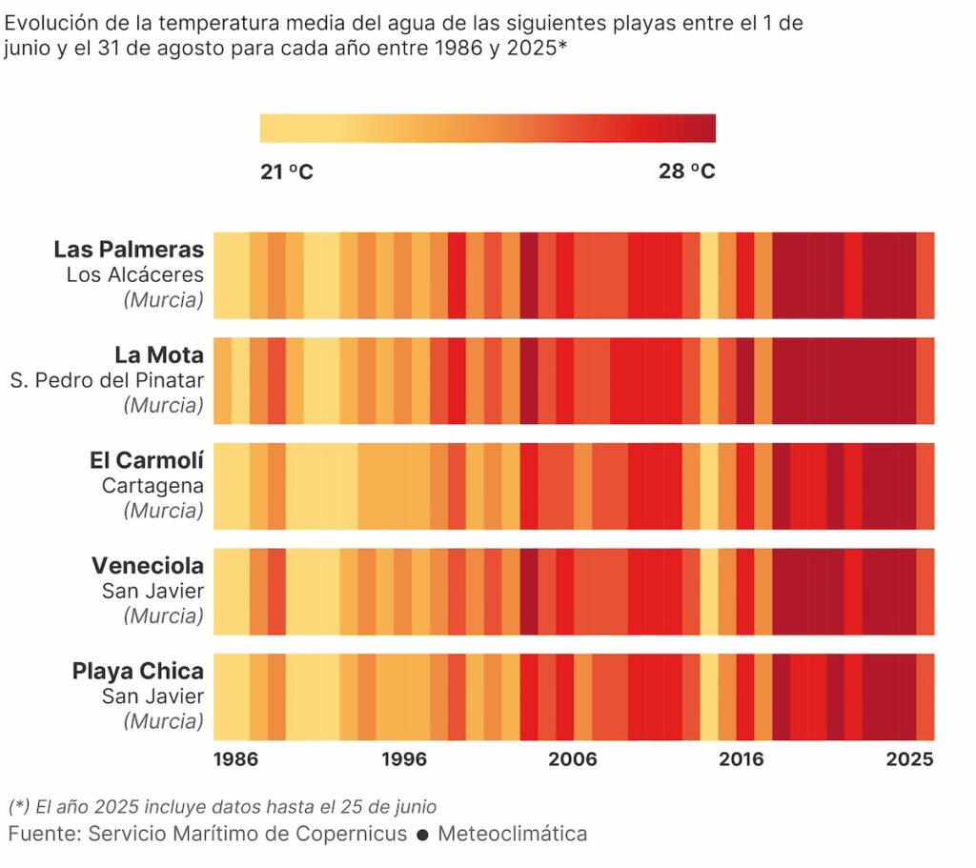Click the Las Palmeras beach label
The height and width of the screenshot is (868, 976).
pyautogui.click(x=129, y=250)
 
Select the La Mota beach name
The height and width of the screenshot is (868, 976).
pyautogui.click(x=159, y=355)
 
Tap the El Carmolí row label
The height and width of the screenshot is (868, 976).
pyautogui.click(x=147, y=461)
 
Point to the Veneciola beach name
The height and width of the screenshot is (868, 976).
pyautogui.click(x=148, y=566)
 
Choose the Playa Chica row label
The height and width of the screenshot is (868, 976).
pyautogui.click(x=138, y=672)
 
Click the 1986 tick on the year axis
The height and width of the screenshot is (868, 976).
pyautogui.click(x=235, y=759)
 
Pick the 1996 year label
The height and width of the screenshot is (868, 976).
pyautogui.click(x=404, y=759)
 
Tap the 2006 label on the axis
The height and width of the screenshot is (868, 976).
pyautogui.click(x=573, y=759)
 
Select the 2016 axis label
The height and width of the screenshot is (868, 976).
pyautogui.click(x=742, y=759)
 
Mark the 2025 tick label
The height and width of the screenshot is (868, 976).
pyautogui.click(x=910, y=759)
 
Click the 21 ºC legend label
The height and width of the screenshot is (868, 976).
pyautogui.click(x=287, y=172)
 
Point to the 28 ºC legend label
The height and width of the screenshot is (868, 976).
pyautogui.click(x=686, y=172)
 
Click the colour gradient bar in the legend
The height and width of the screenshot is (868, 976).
pyautogui.click(x=487, y=129)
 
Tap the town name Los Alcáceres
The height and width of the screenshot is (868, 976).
pyautogui.click(x=135, y=275)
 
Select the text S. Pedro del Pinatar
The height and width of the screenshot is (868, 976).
pyautogui.click(x=107, y=380)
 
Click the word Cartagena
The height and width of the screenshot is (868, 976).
pyautogui.click(x=152, y=486)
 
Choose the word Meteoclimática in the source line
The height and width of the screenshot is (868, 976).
pyautogui.click(x=513, y=835)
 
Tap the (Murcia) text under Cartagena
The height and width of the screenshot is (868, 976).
pyautogui.click(x=163, y=511)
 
